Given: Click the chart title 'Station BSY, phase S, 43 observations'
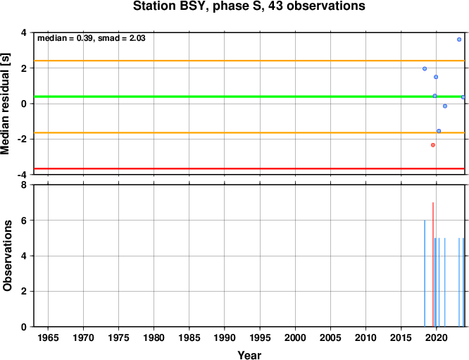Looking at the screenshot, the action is click(249, 6).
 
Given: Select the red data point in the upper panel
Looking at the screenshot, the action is click(433, 145).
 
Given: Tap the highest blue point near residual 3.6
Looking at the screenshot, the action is click(459, 39).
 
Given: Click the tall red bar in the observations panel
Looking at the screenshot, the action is click(433, 264).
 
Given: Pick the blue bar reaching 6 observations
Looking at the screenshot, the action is click(425, 273).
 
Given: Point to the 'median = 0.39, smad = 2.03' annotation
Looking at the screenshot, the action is click(92, 38).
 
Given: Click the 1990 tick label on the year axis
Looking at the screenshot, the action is click(225, 338).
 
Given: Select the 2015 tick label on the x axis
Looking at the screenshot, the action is click(401, 338).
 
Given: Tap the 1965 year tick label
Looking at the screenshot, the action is click(48, 338).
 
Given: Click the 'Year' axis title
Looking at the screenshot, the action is click(249, 355).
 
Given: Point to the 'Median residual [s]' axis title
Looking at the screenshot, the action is click(6, 104).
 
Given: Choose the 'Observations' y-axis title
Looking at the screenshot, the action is click(7, 256).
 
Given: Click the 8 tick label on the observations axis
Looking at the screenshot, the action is click(24, 185).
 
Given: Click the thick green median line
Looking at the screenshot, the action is click(249, 97).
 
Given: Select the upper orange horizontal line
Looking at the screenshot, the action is click(249, 61).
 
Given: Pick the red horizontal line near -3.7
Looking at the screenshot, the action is click(249, 169).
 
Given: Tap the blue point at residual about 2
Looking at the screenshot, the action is click(425, 69).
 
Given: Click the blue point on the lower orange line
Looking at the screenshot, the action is click(439, 131).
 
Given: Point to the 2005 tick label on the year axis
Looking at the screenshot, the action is click(330, 338).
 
